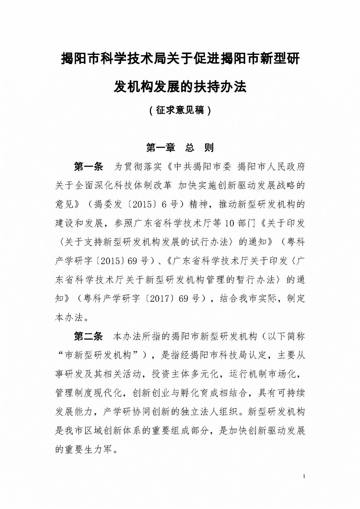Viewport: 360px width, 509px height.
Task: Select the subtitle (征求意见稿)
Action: [180, 111]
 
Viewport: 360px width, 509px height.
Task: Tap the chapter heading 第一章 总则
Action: [180, 148]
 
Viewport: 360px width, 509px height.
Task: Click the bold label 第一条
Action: [89, 167]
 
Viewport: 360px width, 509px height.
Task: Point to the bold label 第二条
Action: [89, 337]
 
